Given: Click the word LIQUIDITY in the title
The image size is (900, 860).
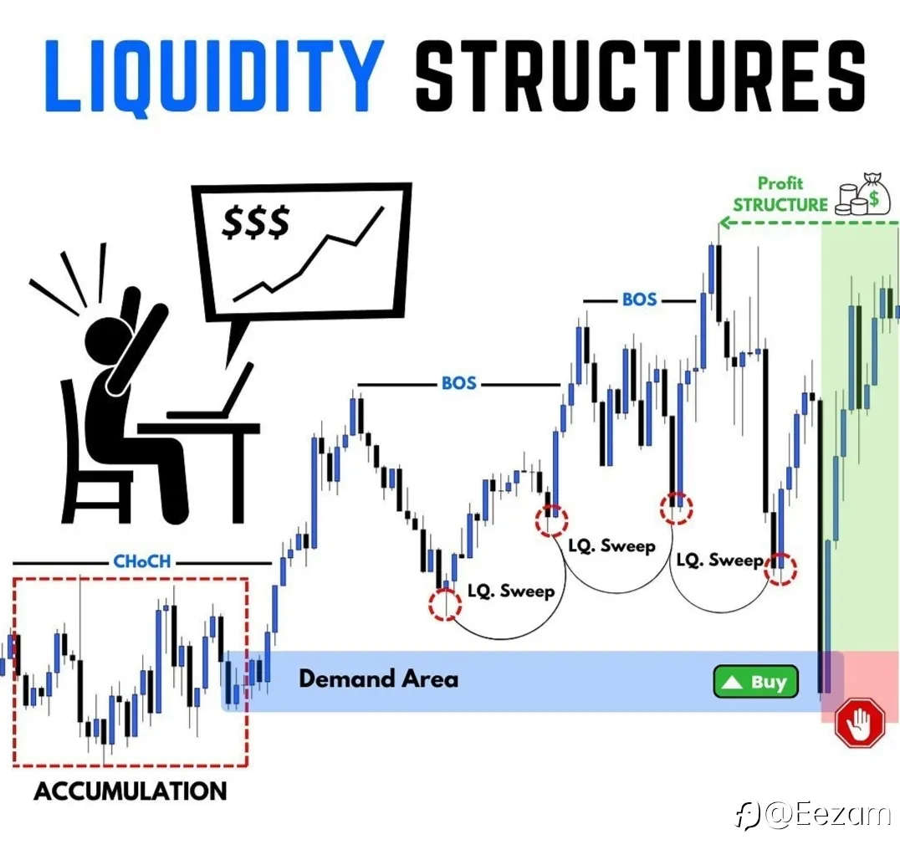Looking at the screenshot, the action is point(213,76).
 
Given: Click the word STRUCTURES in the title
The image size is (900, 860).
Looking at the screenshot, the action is point(640,75).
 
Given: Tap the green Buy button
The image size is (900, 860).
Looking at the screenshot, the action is point(755,682).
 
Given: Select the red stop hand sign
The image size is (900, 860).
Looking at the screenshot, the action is point(859,722).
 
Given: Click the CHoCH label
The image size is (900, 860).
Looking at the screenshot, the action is point(141,561).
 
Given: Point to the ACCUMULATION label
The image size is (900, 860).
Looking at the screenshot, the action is point(130,791).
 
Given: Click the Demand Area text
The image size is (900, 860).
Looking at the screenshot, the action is point(378,678).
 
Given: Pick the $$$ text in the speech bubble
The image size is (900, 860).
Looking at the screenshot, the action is point(255,222).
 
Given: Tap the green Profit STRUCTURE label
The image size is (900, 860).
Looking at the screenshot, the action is point(780,194).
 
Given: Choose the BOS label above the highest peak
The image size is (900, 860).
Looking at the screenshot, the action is point(639,299).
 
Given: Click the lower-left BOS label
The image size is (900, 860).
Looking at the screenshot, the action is point(458,383).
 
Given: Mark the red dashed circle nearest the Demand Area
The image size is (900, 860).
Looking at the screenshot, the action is point(445,604).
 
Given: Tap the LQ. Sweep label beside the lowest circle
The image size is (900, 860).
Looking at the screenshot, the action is point(511,591).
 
